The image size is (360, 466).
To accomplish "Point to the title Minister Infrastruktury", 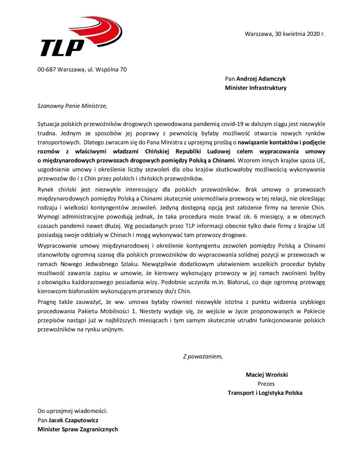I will pyautogui.click(x=256, y=88).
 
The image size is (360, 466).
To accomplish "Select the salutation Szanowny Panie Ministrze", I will pyautogui.click(x=72, y=105).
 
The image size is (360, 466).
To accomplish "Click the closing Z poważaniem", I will pyautogui.click(x=203, y=357).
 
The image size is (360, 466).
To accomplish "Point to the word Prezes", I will pyautogui.click(x=266, y=384).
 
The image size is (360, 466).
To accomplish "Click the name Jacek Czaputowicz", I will pyautogui.click(x=74, y=420).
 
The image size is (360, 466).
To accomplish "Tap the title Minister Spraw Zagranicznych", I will pyautogui.click(x=78, y=429).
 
